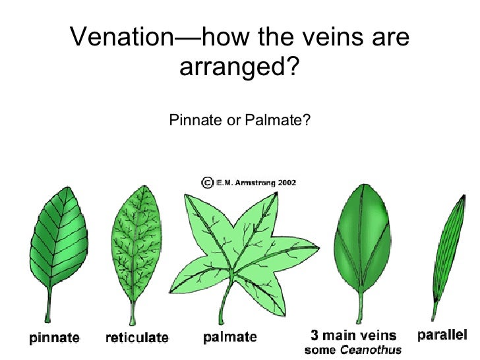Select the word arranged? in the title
click(x=240, y=67)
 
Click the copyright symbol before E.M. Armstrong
click(x=207, y=181)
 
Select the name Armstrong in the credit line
click(x=251, y=182)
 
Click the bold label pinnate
click(x=54, y=338)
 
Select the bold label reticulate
click(x=137, y=338)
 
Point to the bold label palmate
click(x=230, y=338)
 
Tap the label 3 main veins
click(x=354, y=336)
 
